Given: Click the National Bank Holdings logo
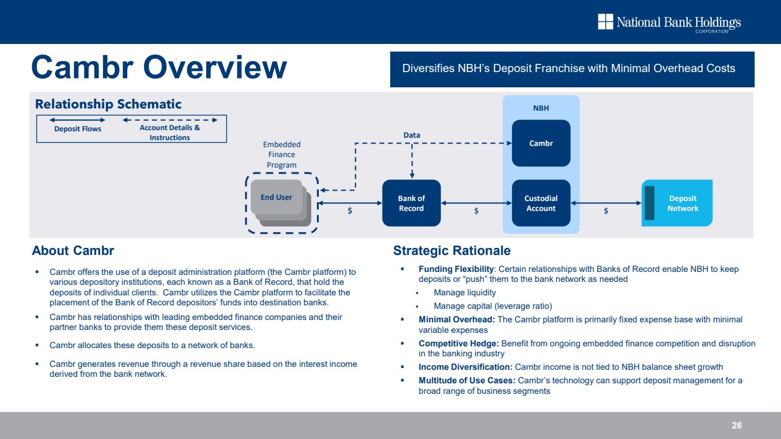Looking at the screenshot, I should coord(669,23).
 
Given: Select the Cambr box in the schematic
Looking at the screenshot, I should coord(541,143).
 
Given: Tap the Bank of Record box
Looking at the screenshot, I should coord(411,203).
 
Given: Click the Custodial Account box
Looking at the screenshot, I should coord(541,203).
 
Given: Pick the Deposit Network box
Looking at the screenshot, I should coord(682,203).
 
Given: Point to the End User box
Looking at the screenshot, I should coord(276,198).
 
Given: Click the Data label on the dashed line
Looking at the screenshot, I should coord(411,135).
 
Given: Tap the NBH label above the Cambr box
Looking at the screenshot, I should coord(541,108).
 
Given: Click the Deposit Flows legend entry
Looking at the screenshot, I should coord(78,129).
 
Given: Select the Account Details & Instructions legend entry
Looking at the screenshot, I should coord(170,132).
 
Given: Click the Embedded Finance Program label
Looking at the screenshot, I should coord(282,154).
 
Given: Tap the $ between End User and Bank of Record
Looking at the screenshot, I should coord(350,211).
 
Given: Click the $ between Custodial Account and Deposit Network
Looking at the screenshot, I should coord(606,211).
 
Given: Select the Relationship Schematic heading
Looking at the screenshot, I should coord(108,104).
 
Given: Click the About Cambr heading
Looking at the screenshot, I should coord(73,251).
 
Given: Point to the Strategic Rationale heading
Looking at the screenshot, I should coord(452,251).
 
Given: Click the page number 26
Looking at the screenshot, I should coord(737,426).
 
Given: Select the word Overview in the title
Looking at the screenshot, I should coord(214,67).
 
